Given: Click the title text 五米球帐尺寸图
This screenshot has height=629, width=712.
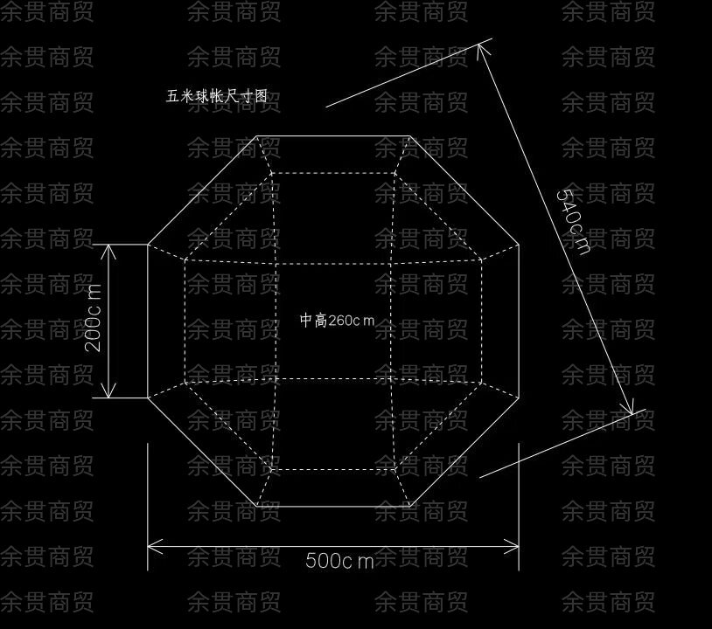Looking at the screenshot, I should coord(216,96).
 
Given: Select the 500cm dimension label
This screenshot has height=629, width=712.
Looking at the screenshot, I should coord(339,561).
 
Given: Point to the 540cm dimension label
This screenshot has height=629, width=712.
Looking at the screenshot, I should coord(573,221).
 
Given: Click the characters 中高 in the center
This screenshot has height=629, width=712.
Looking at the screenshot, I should coord(312,321).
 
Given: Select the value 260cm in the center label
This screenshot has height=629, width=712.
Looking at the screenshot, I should coord(351,321).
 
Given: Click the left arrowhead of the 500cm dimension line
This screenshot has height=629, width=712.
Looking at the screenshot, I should coord(151,547).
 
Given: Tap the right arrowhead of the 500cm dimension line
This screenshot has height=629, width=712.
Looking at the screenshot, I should coord(515,547).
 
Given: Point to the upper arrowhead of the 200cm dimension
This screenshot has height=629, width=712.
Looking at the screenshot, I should coord(110,249).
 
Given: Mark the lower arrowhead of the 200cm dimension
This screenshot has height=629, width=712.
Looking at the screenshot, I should coord(110,393).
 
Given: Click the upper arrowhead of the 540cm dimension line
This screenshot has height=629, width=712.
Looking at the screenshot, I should coord(481,49).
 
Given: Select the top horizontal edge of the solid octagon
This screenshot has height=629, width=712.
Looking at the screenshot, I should coord(334,136).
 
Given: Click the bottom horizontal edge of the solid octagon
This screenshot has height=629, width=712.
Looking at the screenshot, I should coord(334,506).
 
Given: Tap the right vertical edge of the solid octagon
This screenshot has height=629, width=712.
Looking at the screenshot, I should coord(520,321).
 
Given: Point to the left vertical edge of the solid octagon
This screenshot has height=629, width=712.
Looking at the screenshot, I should coord(148,321).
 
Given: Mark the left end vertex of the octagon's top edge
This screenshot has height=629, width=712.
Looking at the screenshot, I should coord(258,136).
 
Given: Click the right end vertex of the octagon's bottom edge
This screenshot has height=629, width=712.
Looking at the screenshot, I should coord(410,506).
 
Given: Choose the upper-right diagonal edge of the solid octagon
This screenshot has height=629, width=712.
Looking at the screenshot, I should coord(465,190).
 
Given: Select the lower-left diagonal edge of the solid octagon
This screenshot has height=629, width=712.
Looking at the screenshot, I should coord(202,452).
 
